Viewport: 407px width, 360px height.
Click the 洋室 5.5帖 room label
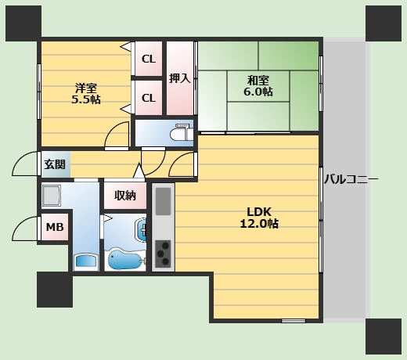tap(86, 94)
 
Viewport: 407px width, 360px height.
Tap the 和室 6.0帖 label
tap(258, 86)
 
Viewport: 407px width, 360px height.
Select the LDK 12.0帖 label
tap(259, 218)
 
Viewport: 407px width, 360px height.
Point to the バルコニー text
tap(351, 179)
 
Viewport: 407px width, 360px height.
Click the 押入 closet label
tap(180, 78)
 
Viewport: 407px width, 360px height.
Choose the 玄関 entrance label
tap(55, 164)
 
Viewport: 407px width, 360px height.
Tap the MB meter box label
tap(55, 227)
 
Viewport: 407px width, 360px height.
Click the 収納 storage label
tap(125, 196)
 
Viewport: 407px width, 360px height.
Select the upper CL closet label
tap(149, 59)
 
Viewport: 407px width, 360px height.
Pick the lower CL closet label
tap(149, 99)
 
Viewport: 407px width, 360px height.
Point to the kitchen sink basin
tap(164, 201)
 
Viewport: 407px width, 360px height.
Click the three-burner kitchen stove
tap(163, 254)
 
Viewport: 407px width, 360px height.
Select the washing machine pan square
tap(52, 196)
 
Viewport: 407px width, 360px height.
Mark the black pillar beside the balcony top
tap(384, 23)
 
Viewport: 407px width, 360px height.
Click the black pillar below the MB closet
tap(55, 290)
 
